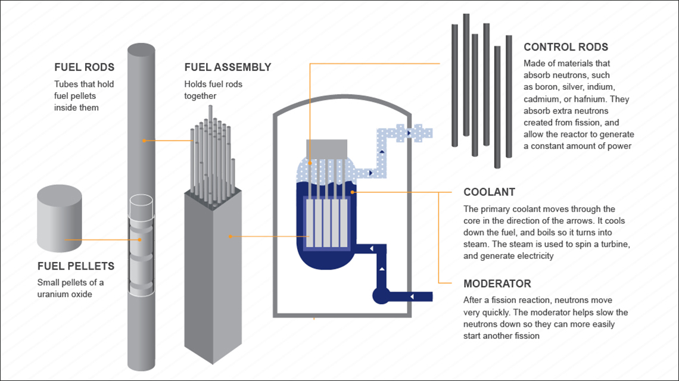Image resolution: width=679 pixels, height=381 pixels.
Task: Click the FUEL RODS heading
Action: tap(84, 67)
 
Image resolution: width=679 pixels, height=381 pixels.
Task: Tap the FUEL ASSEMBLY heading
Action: tap(228, 67)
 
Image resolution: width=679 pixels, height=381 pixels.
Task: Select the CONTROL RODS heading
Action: tap(566, 47)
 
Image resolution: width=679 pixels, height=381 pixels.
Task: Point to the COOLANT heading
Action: tap(489, 192)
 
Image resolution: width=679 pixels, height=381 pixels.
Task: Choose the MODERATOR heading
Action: tap(497, 284)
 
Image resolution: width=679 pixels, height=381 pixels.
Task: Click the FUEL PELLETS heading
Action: tap(76, 266)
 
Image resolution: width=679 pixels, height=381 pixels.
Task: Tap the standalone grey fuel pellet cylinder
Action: tap(60, 218)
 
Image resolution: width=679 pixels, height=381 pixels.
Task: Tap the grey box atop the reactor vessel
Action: tap(327, 149)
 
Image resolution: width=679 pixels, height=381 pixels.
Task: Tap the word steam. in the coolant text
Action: tap(476, 245)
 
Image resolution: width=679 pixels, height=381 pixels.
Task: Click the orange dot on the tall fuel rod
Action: tap(144, 141)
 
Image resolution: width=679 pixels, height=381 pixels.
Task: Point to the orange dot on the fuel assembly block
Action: tap(230, 236)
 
